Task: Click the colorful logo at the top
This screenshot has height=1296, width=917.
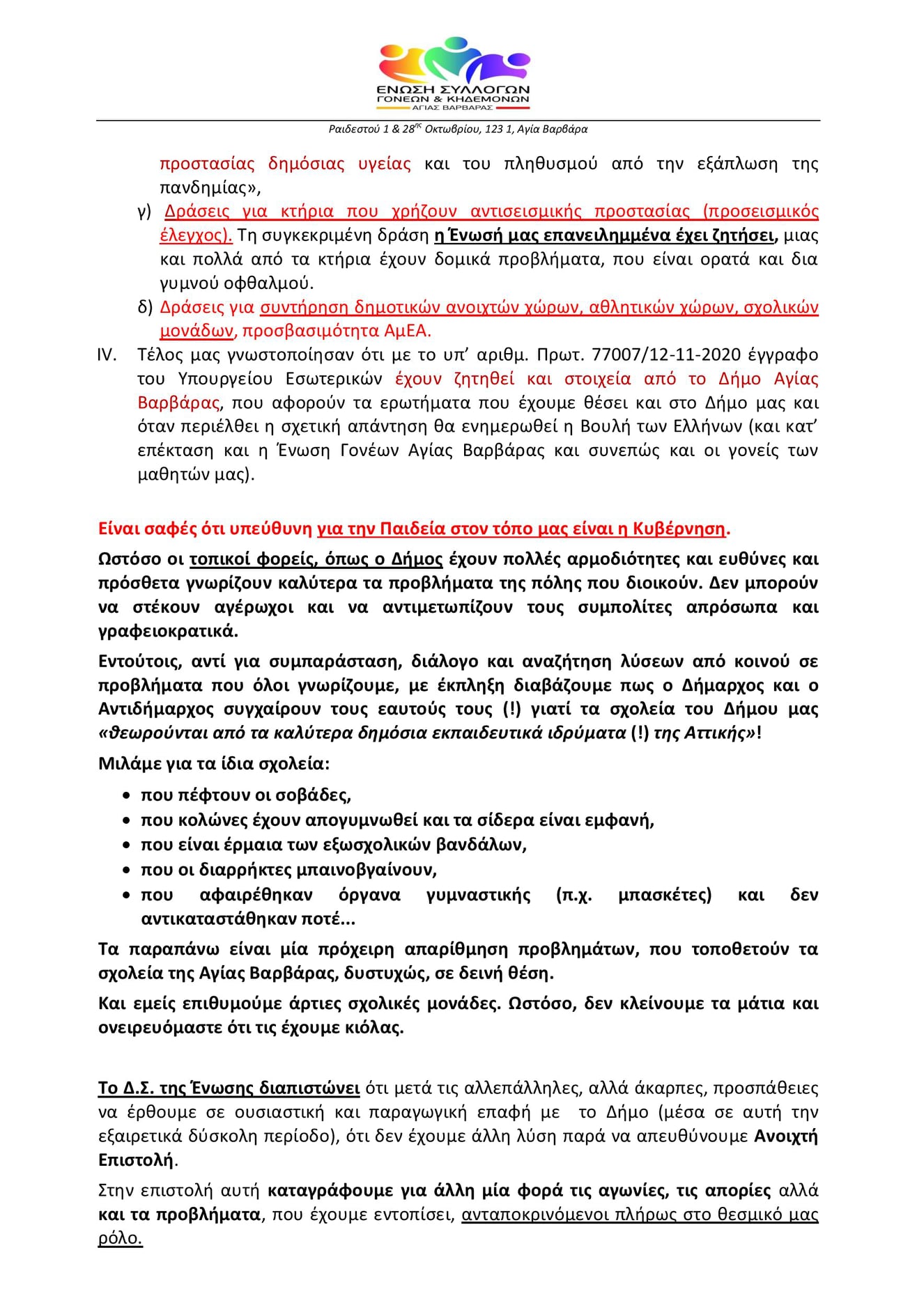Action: point(454,72)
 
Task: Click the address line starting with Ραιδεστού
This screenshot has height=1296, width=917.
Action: point(458,130)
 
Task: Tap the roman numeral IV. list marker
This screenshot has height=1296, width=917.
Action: point(106,355)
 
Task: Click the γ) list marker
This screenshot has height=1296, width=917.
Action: point(144,212)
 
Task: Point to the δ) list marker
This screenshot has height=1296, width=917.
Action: point(145,307)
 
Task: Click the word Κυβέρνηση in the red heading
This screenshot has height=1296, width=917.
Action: point(679,529)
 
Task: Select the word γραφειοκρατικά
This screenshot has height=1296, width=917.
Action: point(168,632)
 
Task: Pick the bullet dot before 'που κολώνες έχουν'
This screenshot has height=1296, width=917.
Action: point(126,821)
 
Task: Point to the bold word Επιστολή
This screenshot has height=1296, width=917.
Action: point(136,1161)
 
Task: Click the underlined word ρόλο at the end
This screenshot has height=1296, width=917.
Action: point(119,1239)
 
